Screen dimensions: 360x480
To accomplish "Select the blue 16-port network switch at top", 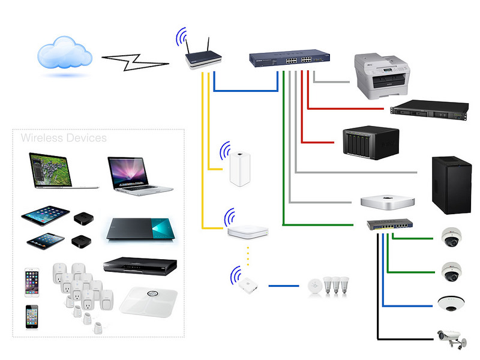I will point(290,59).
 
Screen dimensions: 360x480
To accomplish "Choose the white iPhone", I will point(32,282).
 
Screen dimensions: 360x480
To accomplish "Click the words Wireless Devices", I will point(64,139).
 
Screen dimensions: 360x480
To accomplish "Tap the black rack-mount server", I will point(428,112).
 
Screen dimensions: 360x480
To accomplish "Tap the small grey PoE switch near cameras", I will point(390,226).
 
